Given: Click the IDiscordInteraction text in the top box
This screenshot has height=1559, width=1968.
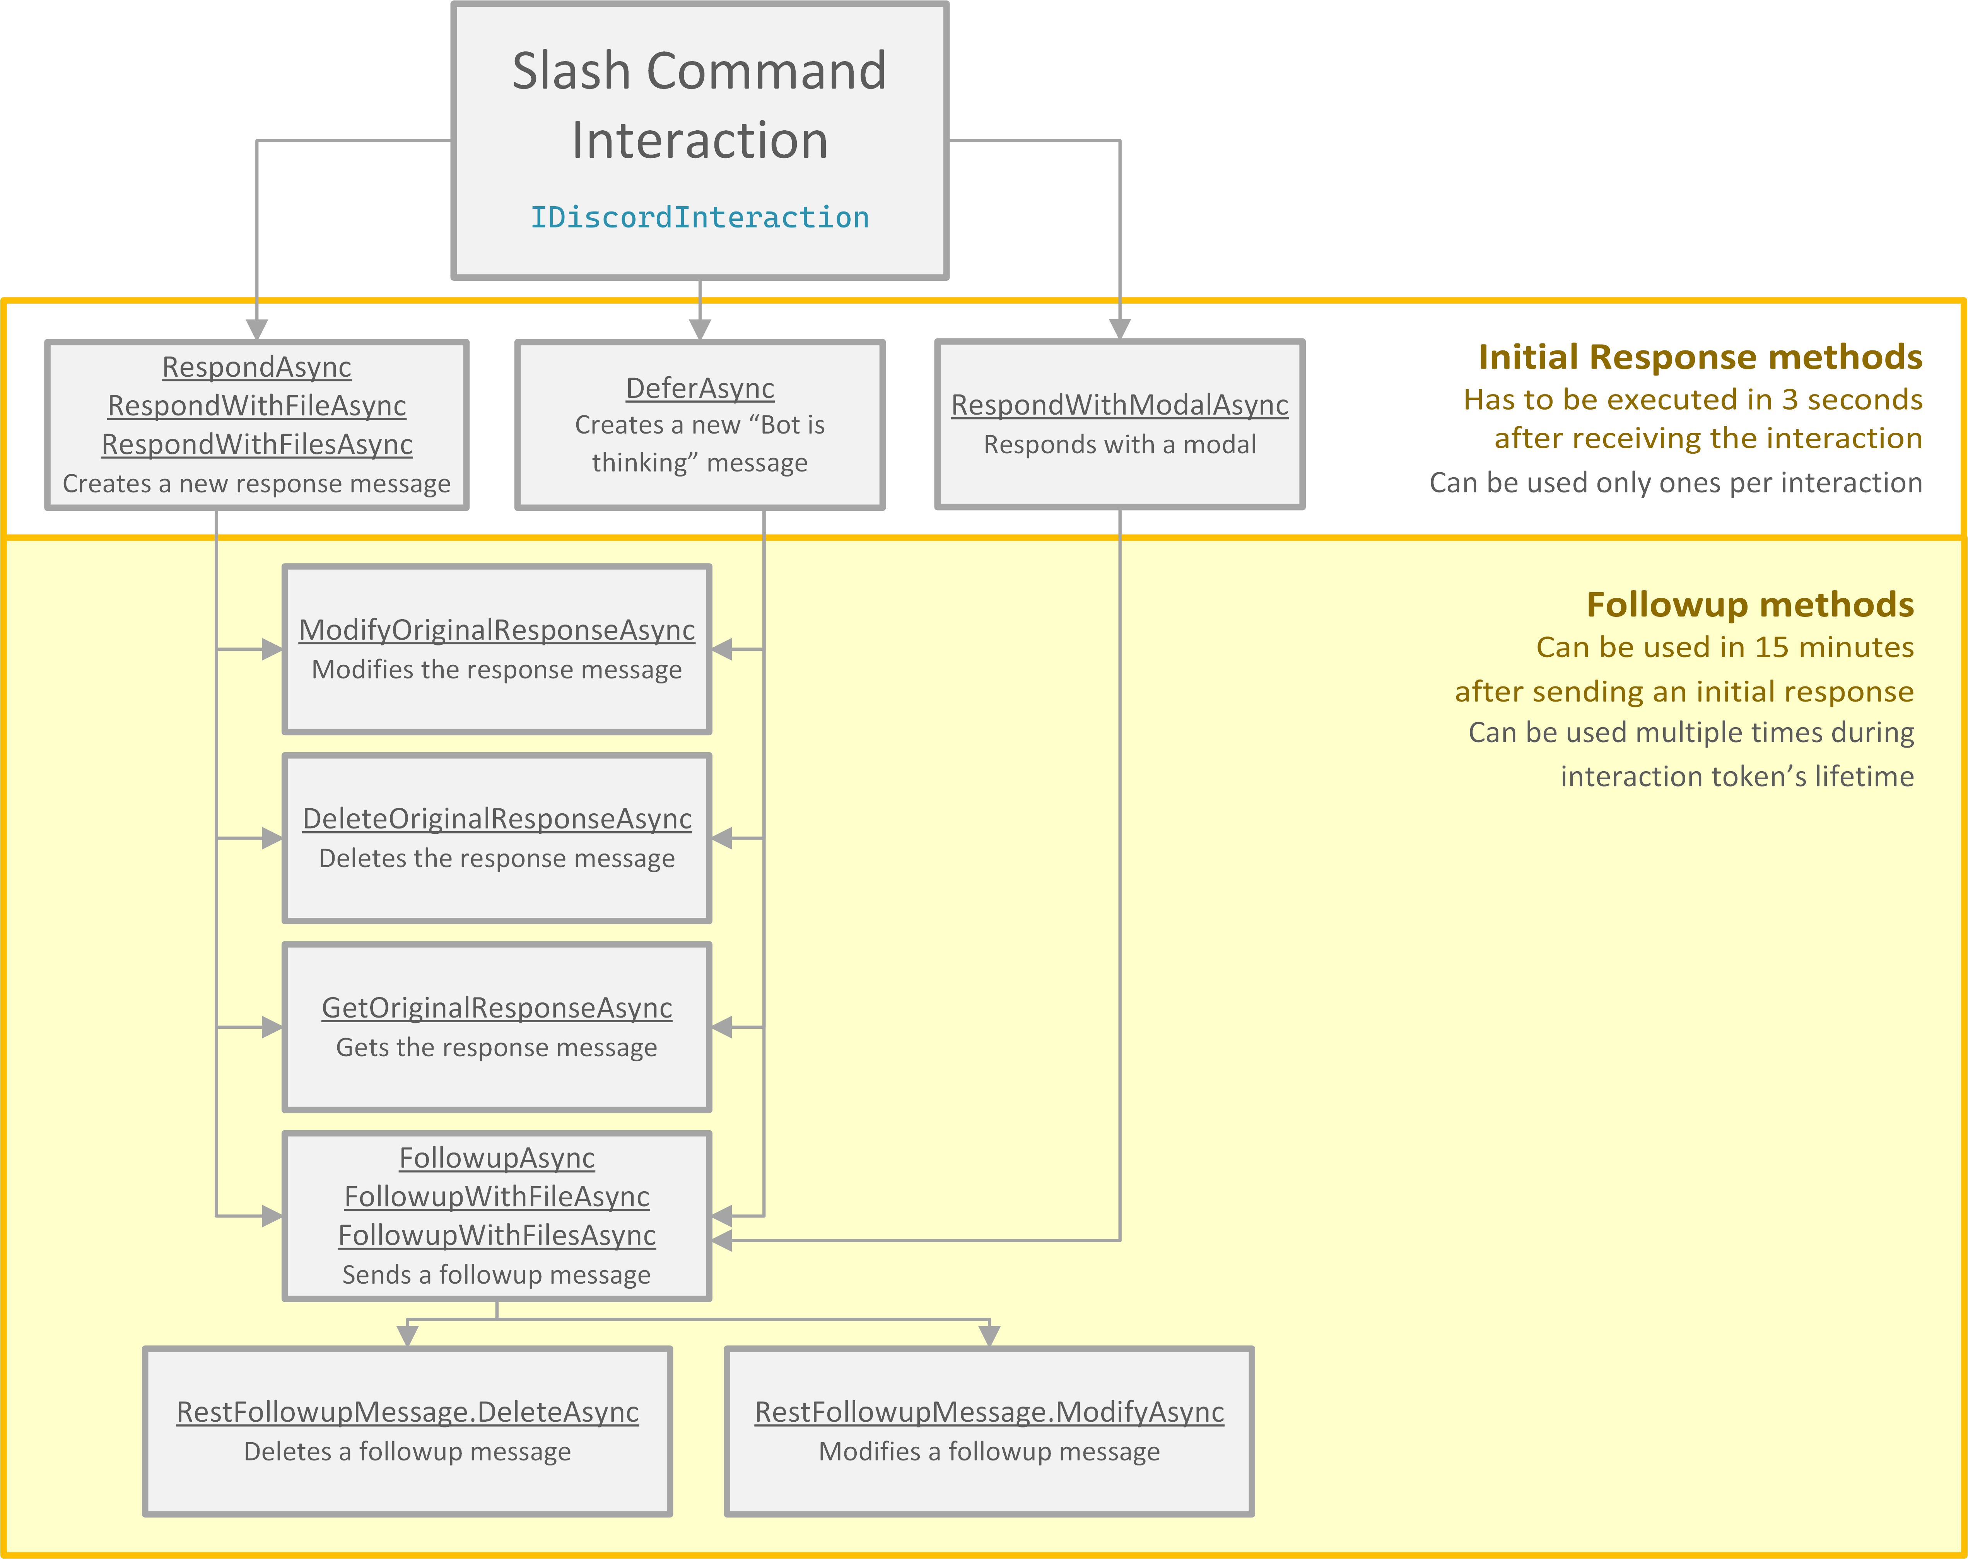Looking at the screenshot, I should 699,217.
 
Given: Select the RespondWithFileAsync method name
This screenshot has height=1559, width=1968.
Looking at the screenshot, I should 256,405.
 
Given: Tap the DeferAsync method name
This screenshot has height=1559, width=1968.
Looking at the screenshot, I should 699,388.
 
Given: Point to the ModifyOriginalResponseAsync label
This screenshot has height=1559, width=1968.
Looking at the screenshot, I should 497,630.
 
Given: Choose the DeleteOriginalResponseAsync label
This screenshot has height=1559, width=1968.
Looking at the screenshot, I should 497,819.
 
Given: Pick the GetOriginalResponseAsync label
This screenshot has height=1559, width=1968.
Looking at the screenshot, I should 497,1008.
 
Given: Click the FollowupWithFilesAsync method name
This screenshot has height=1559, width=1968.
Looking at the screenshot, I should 497,1235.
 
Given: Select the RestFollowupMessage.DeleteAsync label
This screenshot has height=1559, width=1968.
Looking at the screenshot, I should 407,1412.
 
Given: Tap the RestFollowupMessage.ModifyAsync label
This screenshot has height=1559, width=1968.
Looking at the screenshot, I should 989,1412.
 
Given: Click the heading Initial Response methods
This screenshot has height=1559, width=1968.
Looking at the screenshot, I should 1700,357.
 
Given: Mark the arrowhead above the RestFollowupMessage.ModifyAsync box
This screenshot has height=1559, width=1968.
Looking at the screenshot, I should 989,1335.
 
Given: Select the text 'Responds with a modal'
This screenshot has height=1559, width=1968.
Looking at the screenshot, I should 1119,444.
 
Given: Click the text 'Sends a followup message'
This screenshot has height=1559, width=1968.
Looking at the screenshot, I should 497,1274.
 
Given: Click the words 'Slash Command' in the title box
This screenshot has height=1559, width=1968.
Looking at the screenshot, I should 699,71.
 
